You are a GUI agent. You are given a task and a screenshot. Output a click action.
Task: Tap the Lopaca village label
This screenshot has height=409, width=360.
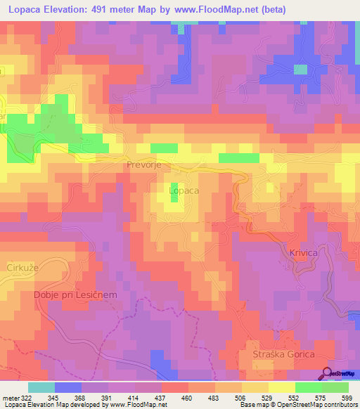point(184,190)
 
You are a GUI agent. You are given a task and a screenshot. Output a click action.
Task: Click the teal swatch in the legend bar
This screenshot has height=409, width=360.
point(41,387)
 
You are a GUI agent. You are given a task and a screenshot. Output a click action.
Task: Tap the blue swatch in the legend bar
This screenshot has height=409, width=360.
point(68,387)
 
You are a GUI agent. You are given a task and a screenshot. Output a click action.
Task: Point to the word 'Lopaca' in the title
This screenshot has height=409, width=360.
point(27,9)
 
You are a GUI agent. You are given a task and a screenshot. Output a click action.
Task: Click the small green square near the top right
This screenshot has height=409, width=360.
point(300,69)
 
